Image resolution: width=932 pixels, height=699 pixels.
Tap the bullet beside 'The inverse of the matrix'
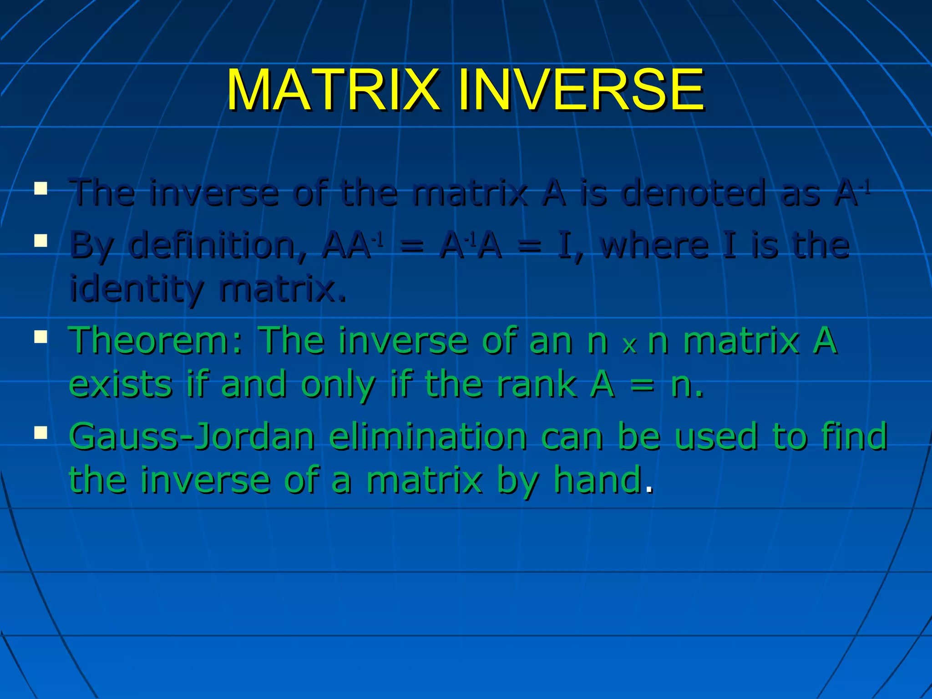[x=41, y=188]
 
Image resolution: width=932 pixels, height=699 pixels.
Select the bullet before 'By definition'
[x=41, y=240]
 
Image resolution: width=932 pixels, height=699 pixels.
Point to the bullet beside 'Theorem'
[x=41, y=337]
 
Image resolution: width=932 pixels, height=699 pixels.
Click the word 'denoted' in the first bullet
[x=694, y=193]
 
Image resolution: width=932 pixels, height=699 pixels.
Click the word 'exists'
[x=121, y=385]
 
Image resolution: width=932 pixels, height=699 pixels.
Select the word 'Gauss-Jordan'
[x=192, y=437]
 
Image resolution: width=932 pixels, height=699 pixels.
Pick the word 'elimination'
[x=428, y=437]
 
